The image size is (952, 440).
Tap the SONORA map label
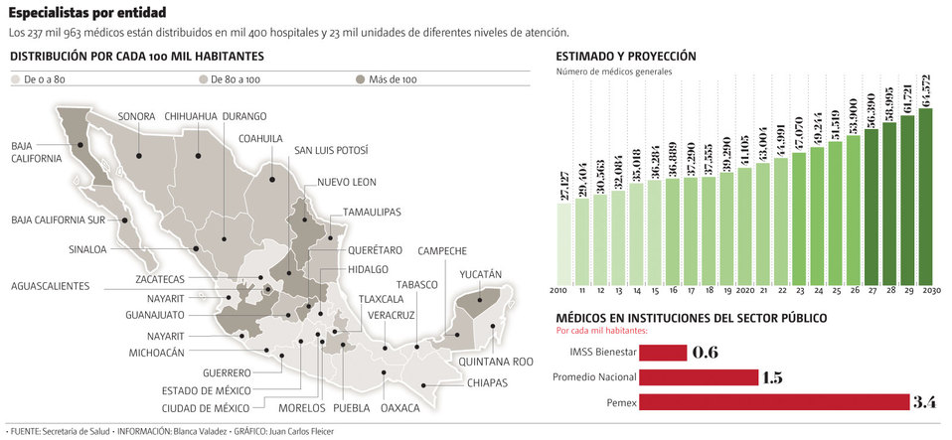[x=137, y=116]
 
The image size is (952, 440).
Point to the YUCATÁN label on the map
[x=481, y=274]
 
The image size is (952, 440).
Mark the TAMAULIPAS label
[x=372, y=213]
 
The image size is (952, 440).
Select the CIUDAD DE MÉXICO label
[x=207, y=408]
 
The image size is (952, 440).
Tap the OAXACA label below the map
[x=400, y=408]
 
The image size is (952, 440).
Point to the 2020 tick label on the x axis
[x=744, y=290]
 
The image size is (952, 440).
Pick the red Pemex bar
[x=774, y=402]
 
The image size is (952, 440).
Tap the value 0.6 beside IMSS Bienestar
[x=705, y=353]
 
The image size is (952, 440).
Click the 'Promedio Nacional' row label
[x=593, y=377]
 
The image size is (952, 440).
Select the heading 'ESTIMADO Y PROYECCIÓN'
[x=626, y=57]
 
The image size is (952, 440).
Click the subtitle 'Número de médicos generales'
[x=614, y=73]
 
